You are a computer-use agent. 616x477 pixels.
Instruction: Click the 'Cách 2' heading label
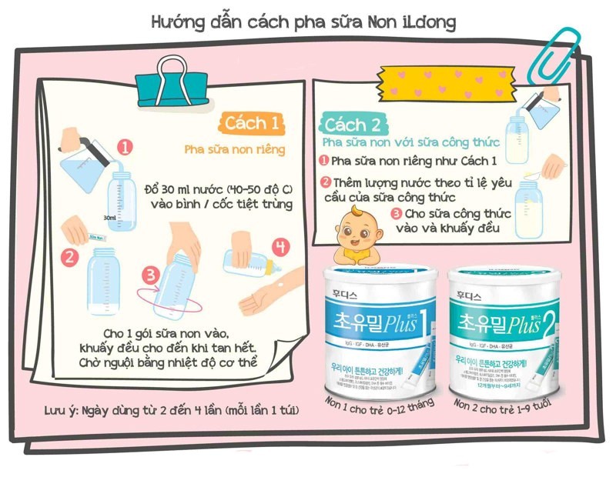353,125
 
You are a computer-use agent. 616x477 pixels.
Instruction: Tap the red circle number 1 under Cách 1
124,147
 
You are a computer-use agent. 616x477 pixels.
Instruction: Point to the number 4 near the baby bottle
281,247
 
